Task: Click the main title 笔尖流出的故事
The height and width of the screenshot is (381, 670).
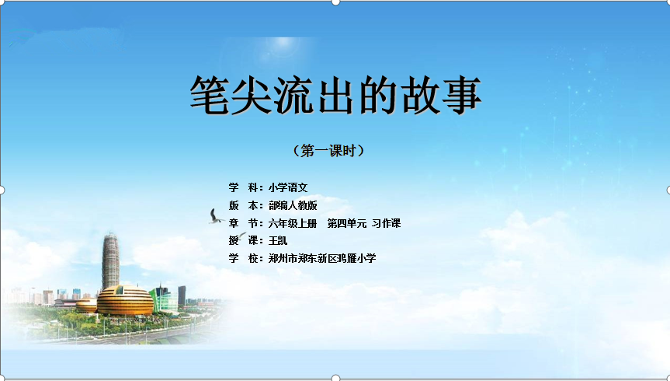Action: (336, 95)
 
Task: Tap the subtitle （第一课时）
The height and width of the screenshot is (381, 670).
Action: (328, 151)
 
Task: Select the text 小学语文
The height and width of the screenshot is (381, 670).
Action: (288, 187)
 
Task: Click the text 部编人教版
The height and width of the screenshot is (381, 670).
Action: (293, 205)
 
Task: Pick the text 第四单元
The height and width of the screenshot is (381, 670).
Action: (347, 223)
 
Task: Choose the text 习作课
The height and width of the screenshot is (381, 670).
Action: (387, 223)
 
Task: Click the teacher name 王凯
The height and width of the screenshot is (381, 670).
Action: (278, 240)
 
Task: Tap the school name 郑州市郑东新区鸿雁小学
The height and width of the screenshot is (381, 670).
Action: (322, 258)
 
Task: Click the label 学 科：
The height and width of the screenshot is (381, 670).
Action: (245, 187)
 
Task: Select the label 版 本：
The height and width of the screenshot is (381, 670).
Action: (245, 205)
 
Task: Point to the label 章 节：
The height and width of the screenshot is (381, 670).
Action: (245, 223)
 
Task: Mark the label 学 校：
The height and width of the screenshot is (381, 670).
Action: (245, 258)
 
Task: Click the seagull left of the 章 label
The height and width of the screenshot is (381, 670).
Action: (216, 216)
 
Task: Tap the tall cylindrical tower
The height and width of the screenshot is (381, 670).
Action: (111, 262)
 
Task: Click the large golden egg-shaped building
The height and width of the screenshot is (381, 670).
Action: (125, 300)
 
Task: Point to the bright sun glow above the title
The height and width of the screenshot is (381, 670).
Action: (283, 45)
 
